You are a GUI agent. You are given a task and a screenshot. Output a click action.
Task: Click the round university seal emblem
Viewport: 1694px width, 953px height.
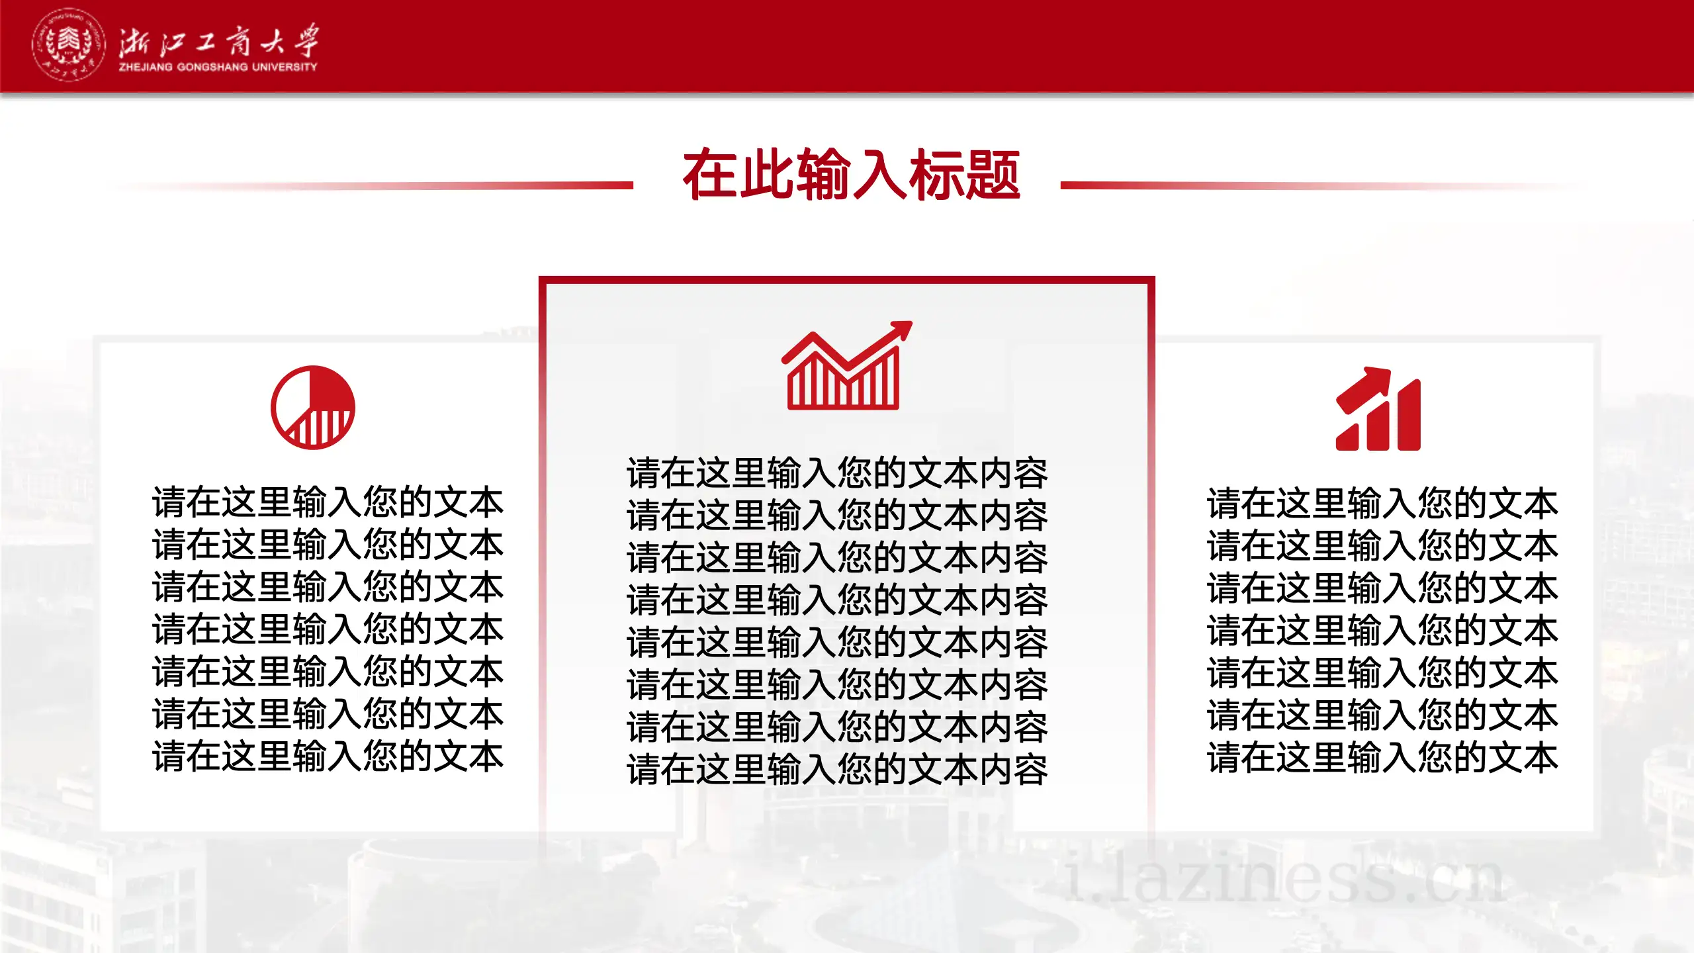[x=68, y=45]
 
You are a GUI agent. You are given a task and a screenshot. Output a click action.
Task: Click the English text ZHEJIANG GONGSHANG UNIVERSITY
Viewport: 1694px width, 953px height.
[x=218, y=68]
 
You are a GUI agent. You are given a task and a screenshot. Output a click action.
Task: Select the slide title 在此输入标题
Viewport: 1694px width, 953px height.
[x=851, y=175]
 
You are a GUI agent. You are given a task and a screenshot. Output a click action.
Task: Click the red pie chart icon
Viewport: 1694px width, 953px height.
[x=313, y=408]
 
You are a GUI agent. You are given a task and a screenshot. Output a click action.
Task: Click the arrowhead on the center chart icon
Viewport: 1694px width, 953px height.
[x=901, y=328]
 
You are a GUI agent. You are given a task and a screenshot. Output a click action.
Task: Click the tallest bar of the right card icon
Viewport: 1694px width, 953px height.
[x=1408, y=416]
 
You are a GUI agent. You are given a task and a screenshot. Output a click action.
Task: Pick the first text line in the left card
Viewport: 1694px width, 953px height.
[x=328, y=502]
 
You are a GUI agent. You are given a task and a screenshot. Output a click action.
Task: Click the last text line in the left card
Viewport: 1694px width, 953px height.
[x=328, y=756]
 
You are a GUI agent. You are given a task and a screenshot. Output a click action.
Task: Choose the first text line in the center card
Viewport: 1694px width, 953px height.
[x=837, y=473]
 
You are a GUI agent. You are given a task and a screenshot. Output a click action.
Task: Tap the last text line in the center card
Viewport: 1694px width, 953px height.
[x=837, y=770]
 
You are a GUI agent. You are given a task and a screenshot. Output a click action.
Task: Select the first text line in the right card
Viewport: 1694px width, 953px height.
[x=1383, y=503]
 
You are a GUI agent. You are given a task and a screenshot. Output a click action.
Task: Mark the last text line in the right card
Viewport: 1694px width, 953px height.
[x=1383, y=757]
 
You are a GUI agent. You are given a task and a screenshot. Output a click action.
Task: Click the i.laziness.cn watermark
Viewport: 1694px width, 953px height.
[x=1284, y=878]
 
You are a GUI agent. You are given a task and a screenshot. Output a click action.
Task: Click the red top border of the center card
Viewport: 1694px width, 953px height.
[x=847, y=281]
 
